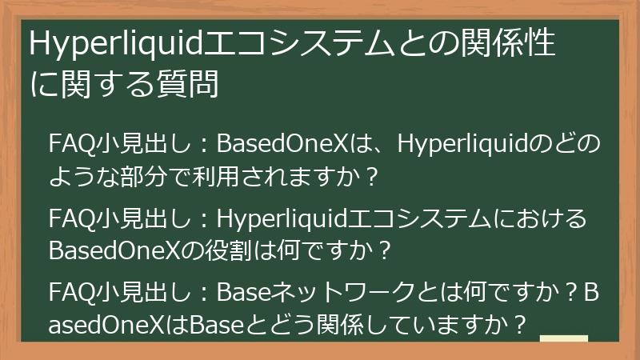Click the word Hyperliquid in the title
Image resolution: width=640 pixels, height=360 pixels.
(x=116, y=45)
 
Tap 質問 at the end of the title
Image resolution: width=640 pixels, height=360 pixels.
(x=195, y=82)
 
